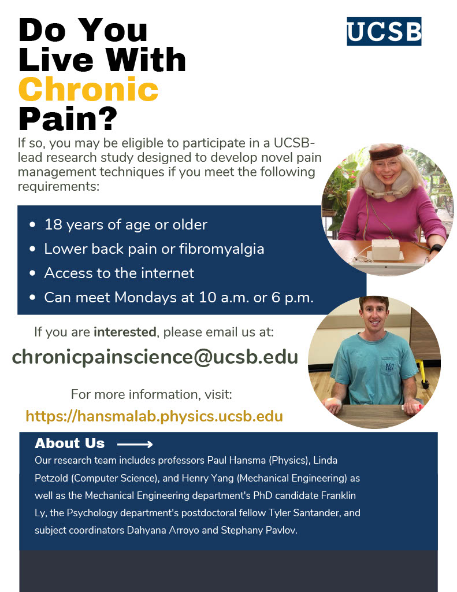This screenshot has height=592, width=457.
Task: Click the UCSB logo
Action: pyautogui.click(x=384, y=31)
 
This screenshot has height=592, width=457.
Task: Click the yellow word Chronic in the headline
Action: pyautogui.click(x=88, y=89)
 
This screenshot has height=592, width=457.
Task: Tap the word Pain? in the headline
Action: pyautogui.click(x=68, y=119)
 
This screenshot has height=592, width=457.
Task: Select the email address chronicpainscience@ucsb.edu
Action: pyautogui.click(x=155, y=357)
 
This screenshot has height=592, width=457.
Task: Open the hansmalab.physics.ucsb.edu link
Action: pyautogui.click(x=154, y=416)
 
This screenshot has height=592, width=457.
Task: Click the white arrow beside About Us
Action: pyautogui.click(x=135, y=444)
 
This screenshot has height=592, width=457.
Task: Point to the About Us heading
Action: pyautogui.click(x=69, y=443)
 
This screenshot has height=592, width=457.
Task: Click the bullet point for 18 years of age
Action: pyautogui.click(x=32, y=225)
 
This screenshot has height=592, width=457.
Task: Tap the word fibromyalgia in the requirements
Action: pyautogui.click(x=221, y=249)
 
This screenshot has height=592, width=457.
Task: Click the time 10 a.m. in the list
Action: pyautogui.click(x=224, y=298)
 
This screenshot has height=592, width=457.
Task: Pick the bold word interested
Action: pyautogui.click(x=125, y=332)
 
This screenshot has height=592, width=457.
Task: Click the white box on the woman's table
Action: pyautogui.click(x=385, y=249)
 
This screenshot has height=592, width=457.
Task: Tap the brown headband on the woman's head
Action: pyautogui.click(x=386, y=152)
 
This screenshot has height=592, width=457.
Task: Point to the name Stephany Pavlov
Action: pyautogui.click(x=259, y=530)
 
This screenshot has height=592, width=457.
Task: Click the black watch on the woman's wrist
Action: pyautogui.click(x=436, y=248)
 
